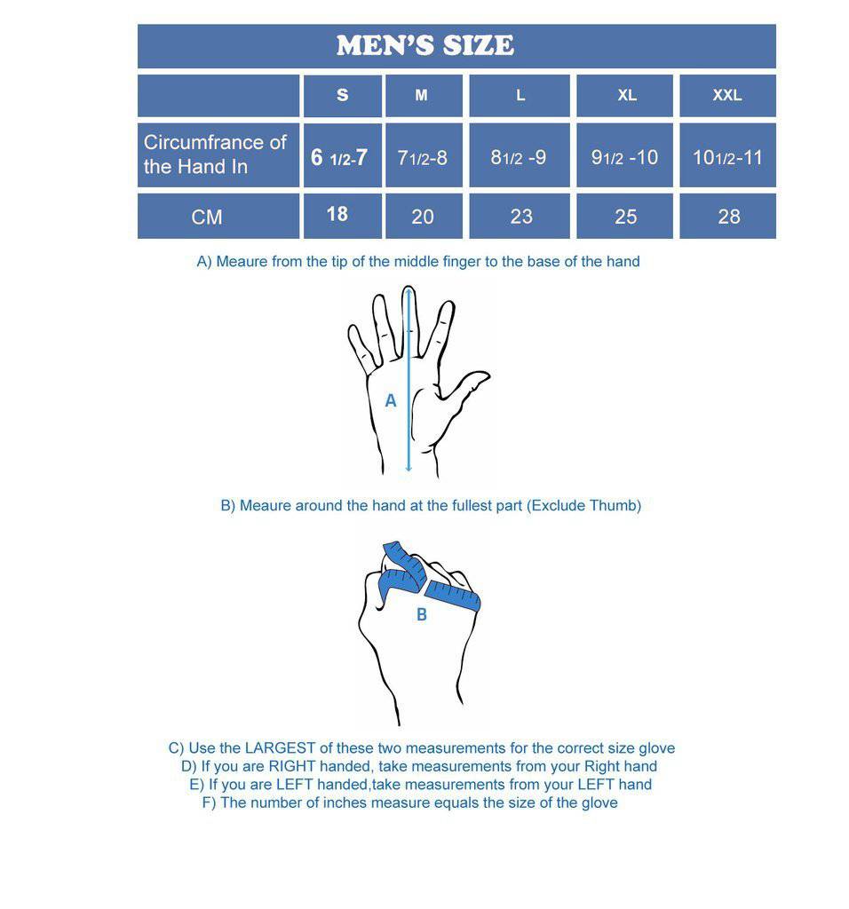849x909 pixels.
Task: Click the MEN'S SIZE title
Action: tap(424, 46)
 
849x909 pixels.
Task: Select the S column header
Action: tap(343, 95)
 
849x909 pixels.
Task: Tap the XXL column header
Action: tap(726, 95)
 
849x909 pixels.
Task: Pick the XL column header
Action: tap(627, 95)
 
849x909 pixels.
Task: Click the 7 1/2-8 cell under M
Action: tap(423, 158)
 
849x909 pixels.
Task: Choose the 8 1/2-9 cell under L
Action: tap(519, 158)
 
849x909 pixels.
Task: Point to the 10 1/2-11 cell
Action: tap(727, 158)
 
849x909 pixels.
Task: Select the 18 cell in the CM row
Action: tap(337, 214)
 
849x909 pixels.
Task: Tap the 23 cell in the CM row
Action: tap(521, 217)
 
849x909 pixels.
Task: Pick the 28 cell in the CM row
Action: tap(728, 217)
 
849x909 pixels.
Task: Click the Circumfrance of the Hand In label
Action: tap(215, 154)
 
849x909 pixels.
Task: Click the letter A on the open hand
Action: tap(391, 401)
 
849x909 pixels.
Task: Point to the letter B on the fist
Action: tap(422, 614)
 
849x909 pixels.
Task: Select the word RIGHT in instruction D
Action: tap(292, 767)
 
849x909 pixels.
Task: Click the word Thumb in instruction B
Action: tap(615, 506)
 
